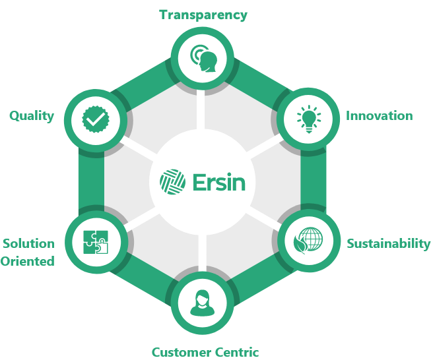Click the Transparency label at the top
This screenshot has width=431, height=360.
click(x=203, y=15)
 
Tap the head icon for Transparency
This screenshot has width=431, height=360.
click(x=203, y=59)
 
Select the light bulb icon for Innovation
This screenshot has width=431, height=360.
click(x=306, y=119)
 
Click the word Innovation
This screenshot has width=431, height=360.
click(x=379, y=116)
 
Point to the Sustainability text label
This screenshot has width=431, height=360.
click(x=388, y=243)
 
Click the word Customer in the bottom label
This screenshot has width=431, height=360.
click(x=180, y=352)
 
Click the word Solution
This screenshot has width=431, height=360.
click(x=28, y=243)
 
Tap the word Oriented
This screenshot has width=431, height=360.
click(x=27, y=261)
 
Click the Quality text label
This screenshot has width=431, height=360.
click(x=31, y=116)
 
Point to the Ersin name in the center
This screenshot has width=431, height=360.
click(x=219, y=181)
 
